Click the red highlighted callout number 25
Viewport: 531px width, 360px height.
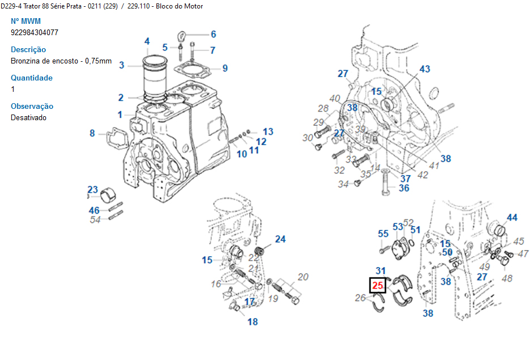tap(377, 286)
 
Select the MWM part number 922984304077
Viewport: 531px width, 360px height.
tap(34, 32)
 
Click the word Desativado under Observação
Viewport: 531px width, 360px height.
tap(28, 117)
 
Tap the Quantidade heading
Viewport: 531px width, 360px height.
tap(32, 78)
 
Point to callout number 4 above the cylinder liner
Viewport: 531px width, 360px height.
tap(147, 41)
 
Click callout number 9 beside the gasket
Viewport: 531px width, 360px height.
tap(225, 69)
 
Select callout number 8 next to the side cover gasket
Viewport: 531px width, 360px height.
tap(92, 134)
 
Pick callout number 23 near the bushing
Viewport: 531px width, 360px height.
tap(92, 189)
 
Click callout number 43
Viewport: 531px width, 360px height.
tap(424, 69)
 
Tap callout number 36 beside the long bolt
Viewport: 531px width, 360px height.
tap(403, 188)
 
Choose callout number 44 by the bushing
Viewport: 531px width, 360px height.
tap(512, 218)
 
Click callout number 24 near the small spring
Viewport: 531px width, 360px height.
tap(280, 239)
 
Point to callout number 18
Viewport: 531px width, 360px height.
tap(252, 322)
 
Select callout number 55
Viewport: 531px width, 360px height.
tap(383, 234)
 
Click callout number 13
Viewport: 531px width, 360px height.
tap(267, 132)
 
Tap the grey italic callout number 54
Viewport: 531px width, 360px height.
tap(95, 220)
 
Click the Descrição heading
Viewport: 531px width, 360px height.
tap(28, 49)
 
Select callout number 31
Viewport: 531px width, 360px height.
tap(380, 271)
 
